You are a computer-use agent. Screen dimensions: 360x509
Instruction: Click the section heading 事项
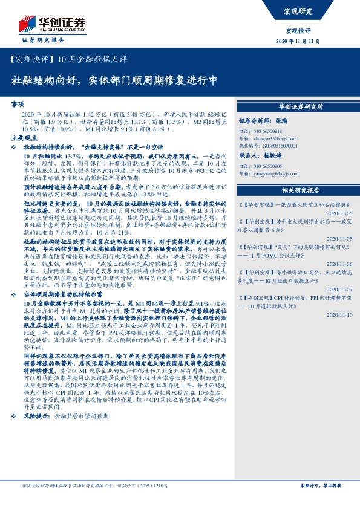[x=18, y=104]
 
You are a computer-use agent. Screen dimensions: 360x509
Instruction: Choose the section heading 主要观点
[x=24, y=138]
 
